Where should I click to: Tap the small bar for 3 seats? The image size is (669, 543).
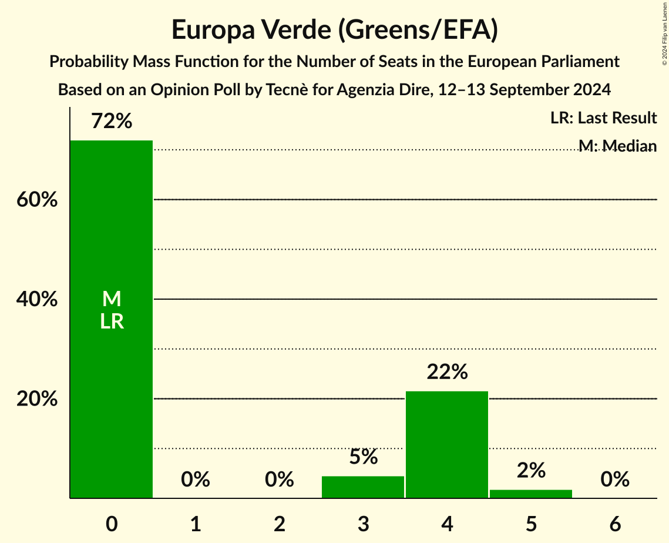tap(363, 487)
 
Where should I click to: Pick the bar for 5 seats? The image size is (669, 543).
tap(531, 494)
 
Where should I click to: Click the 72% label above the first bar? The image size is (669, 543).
tap(112, 122)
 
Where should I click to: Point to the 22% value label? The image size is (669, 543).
tap(447, 372)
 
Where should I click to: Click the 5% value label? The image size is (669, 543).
tap(363, 457)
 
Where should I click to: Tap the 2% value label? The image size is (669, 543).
tap(531, 470)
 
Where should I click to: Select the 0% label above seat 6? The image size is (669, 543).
tap(615, 480)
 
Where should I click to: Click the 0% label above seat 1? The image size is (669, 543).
tap(196, 480)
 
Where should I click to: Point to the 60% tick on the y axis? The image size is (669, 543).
tap(37, 200)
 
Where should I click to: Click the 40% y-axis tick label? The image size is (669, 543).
tap(37, 300)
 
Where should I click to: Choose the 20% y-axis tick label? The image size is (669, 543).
tap(37, 399)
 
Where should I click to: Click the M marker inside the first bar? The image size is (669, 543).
tap(112, 299)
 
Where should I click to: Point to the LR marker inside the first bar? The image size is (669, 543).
tap(112, 321)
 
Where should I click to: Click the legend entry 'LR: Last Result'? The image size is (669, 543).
tap(603, 118)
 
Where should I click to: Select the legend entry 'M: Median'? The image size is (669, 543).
tap(617, 145)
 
